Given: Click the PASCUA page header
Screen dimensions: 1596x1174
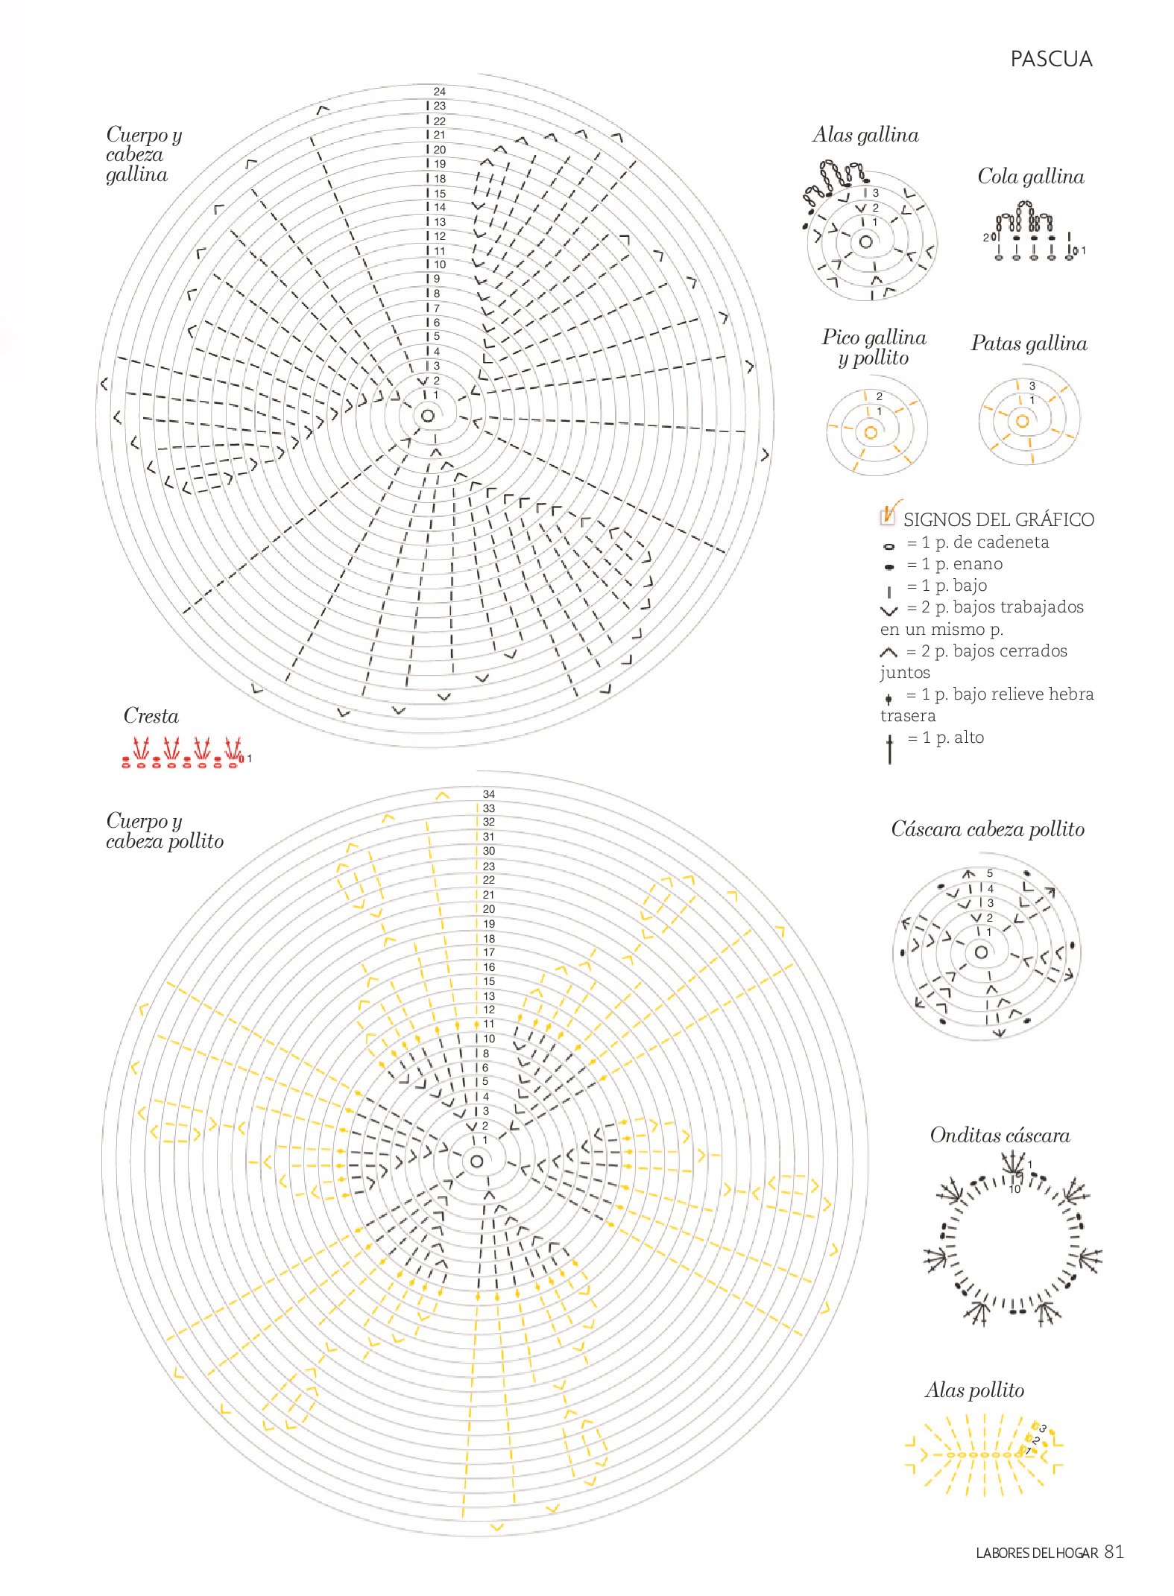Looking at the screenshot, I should pos(1050,60).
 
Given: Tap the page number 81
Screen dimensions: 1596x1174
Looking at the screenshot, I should pos(1114,1551).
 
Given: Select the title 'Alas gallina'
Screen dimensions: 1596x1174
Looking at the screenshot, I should pos(865,135).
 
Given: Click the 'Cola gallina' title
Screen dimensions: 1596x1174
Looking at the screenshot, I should pos(1030,177).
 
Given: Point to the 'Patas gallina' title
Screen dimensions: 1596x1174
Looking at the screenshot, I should pos(1028,343).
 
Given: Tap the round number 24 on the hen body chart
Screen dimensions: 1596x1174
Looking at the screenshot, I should pos(440,92).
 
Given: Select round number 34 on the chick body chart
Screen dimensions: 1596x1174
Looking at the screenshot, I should pos(488,794).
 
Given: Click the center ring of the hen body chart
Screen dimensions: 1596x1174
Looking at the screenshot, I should pos(428,415).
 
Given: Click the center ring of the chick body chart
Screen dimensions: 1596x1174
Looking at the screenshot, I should pos(477,1161).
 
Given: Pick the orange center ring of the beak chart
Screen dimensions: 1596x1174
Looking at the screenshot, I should pos(870,432).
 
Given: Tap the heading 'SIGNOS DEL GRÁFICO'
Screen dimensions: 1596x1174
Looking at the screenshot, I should pos(998,519).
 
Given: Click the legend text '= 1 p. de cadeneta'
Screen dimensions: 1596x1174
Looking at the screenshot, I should pos(977,542).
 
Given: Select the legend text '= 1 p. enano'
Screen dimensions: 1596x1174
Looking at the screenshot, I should pos(954,564).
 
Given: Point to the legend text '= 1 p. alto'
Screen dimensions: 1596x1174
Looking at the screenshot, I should pos(945,738).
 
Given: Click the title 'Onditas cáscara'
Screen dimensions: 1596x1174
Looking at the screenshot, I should pos(1000,1136).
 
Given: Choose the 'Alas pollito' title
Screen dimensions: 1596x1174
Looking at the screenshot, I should pos(974,1390).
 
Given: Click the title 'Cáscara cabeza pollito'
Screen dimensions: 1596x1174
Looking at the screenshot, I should pos(987,829).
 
